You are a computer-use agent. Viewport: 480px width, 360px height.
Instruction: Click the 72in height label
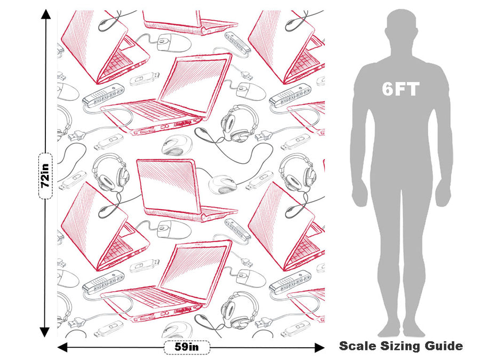[45, 175]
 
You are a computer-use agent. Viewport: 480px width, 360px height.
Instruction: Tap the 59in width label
[187, 347]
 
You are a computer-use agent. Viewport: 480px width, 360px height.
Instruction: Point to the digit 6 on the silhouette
[388, 89]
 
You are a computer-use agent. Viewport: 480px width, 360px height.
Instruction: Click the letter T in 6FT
[413, 89]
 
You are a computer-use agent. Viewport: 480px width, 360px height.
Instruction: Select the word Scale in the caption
[357, 346]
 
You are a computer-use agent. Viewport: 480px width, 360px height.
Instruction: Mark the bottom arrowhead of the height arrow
[45, 332]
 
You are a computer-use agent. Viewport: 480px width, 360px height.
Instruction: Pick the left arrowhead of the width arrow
[62, 347]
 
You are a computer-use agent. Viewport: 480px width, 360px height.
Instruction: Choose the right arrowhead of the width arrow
[319, 347]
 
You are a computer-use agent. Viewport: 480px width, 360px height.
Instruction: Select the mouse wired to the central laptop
[222, 185]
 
